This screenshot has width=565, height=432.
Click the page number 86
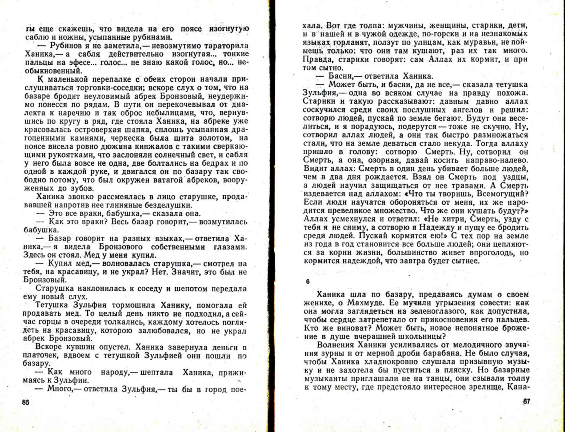[26, 403]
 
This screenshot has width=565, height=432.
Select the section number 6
[308, 282]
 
